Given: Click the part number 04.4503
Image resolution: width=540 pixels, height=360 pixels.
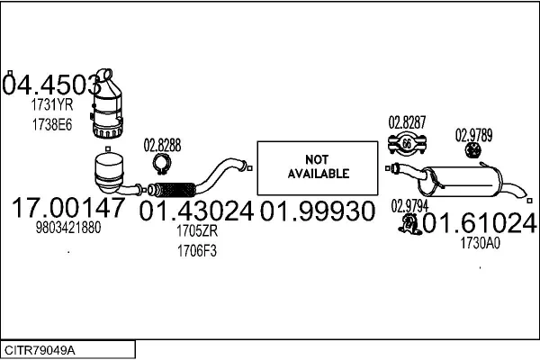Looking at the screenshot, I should [51, 85].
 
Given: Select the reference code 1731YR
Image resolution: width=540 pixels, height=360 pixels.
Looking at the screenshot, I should [52, 104].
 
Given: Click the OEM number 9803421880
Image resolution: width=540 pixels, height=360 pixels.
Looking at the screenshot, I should [68, 229].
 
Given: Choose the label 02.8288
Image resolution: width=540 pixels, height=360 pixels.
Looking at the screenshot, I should [163, 144].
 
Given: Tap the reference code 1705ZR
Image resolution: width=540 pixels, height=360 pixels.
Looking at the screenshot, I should [197, 231].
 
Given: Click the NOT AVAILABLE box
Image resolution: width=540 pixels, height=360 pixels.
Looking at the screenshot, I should [318, 167].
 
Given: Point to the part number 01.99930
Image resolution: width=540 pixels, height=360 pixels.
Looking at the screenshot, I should [317, 211].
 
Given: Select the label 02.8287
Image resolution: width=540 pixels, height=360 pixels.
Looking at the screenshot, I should [407, 121].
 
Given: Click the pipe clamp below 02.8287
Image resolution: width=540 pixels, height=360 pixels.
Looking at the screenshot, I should [406, 142].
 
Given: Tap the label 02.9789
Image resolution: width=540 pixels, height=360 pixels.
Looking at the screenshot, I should [473, 136].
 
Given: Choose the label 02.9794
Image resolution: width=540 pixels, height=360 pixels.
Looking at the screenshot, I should [409, 205].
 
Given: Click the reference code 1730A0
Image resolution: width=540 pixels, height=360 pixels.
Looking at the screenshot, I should [479, 242].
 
